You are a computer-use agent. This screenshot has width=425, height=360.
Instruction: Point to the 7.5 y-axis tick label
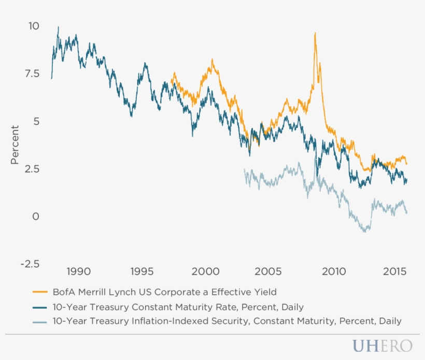32,74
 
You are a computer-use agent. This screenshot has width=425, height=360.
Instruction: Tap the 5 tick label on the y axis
36,121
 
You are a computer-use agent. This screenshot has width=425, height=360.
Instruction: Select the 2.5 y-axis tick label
32,169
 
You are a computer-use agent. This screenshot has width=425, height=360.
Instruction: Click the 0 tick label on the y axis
36,217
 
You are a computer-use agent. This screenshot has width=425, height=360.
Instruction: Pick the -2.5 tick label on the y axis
29,264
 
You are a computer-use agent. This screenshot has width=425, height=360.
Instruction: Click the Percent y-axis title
16,145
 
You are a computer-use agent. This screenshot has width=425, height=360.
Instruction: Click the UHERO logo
382,346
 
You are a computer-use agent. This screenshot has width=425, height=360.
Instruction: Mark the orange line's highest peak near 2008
315,33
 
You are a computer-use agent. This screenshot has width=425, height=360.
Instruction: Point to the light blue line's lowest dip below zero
365,232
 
